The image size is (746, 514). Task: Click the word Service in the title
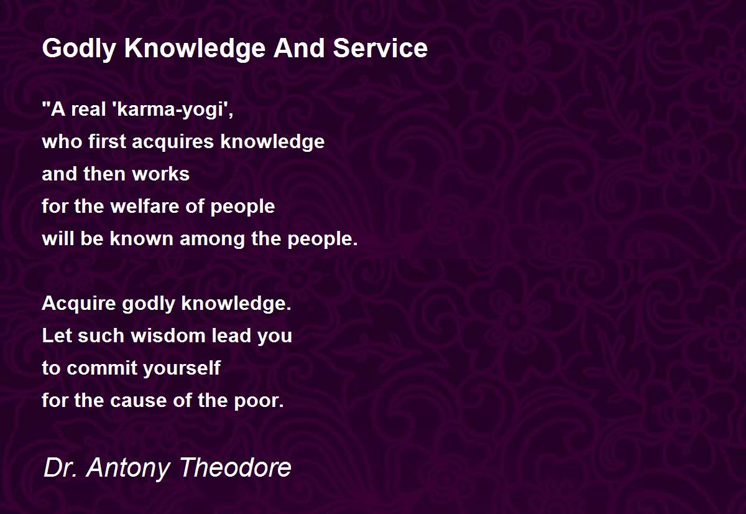pyautogui.click(x=380, y=48)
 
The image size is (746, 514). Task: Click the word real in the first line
pyautogui.click(x=88, y=109)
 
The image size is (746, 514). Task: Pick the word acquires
pyautogui.click(x=173, y=143)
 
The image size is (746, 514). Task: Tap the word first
pyautogui.click(x=107, y=141)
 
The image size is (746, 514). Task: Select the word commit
pyautogui.click(x=102, y=368)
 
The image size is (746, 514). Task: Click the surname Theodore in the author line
pyautogui.click(x=236, y=467)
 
